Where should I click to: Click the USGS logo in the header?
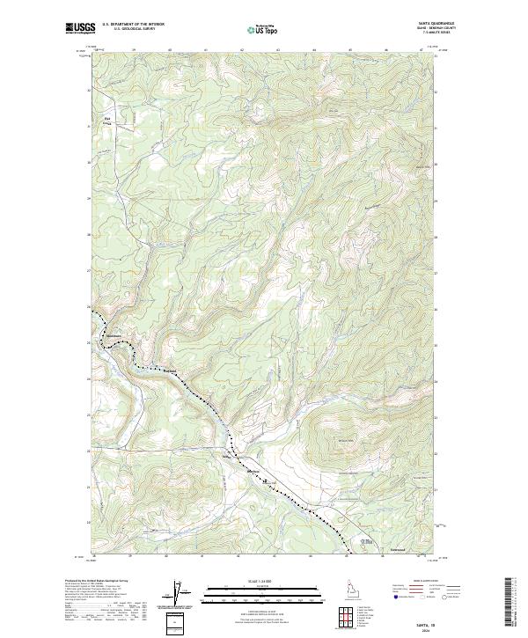80,28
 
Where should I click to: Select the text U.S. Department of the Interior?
133,25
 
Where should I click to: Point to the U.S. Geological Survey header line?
133,29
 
